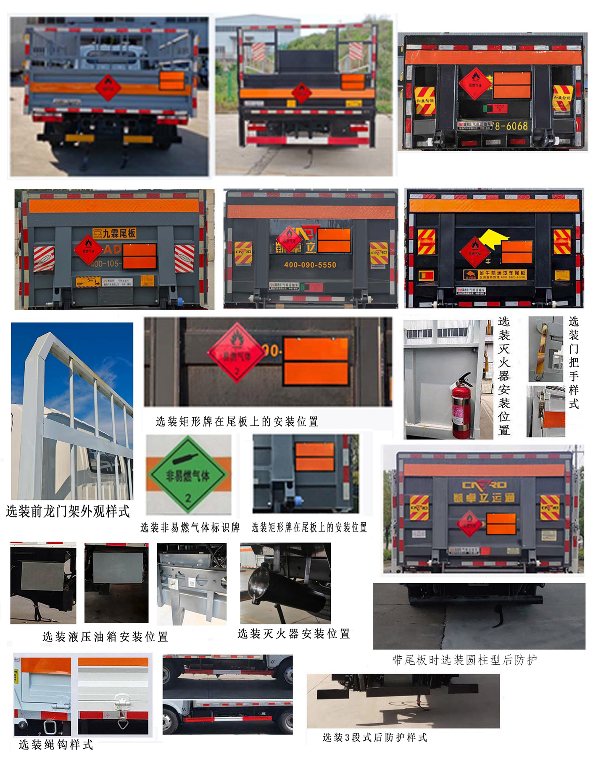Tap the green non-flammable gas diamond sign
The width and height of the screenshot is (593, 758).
click(188, 475)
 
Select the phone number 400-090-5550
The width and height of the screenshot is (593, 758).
click(310, 265)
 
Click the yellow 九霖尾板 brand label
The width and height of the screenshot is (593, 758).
click(114, 233)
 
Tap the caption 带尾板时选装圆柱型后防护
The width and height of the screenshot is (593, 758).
click(464, 660)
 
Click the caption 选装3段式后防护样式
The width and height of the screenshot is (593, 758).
click(374, 737)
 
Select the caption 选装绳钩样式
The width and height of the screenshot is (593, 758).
click(55, 745)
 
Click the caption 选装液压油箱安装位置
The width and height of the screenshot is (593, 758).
click(105, 637)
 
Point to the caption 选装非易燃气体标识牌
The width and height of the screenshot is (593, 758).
click(190, 527)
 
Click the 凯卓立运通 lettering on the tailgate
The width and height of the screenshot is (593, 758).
click(484, 498)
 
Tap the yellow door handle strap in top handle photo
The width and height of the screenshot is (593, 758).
click(543, 349)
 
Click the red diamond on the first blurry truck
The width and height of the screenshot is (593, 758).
click(108, 88)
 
